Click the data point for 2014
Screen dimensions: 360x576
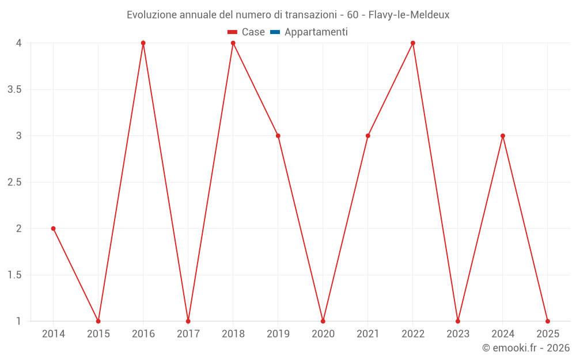pos(54,229)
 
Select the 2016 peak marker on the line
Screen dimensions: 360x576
pos(143,43)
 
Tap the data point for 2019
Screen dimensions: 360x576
pos(278,136)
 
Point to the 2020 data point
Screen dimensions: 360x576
pos(323,321)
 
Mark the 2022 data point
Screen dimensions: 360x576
pos(413,43)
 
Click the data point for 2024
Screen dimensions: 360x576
pos(503,136)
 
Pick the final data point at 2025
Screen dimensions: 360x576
pos(548,321)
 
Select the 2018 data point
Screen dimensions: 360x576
pos(233,43)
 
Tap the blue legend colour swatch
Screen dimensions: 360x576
pos(275,32)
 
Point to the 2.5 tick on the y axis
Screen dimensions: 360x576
pos(15,183)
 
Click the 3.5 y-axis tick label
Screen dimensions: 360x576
pos(15,90)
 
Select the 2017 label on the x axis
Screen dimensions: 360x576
pos(188,334)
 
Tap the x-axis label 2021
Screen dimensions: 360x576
pos(368,334)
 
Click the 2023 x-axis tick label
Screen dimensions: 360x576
pos(458,334)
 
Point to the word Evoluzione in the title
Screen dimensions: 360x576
pos(152,14)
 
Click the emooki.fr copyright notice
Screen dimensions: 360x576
pos(526,348)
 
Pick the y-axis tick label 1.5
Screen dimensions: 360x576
pos(15,275)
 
